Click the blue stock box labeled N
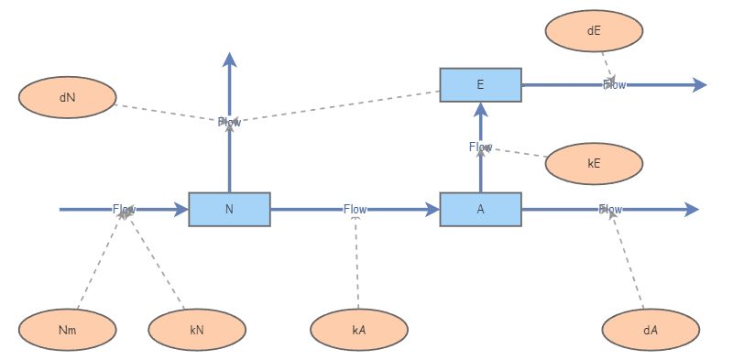(229, 210)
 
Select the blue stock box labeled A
(480, 210)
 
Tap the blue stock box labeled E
(480, 85)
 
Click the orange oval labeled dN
(68, 98)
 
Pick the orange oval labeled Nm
(68, 330)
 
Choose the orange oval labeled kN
(197, 330)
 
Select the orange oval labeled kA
(359, 330)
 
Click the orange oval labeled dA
(651, 330)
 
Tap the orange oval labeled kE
(594, 164)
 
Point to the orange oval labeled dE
(594, 30)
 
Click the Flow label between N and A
(356, 210)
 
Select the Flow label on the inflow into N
(125, 210)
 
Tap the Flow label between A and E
(480, 147)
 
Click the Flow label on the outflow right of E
(614, 85)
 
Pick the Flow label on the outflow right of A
(610, 210)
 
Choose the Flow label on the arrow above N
(229, 122)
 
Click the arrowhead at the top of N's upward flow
(229, 60)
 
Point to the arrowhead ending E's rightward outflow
(700, 85)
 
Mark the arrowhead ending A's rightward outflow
(692, 210)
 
